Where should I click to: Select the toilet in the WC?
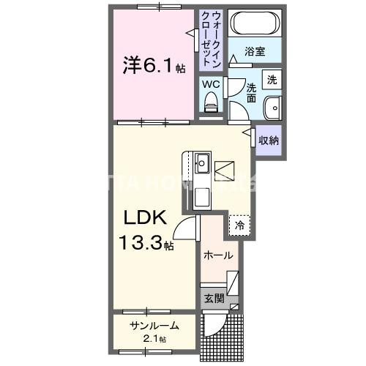pyautogui.click(x=212, y=105)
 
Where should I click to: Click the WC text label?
pyautogui.click(x=211, y=84)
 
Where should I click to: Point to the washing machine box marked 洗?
pyautogui.click(x=272, y=79)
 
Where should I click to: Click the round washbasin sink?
pyautogui.click(x=272, y=106)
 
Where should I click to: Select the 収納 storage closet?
pyautogui.click(x=268, y=139)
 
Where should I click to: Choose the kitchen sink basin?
pyautogui.click(x=202, y=161)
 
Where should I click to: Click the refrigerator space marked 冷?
pyautogui.click(x=239, y=226)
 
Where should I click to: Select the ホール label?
pyautogui.click(x=218, y=255)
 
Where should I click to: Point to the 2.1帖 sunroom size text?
pyautogui.click(x=154, y=339)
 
